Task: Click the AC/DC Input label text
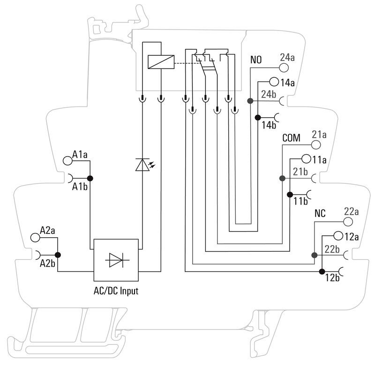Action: [115, 291]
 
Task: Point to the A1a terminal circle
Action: [67, 160]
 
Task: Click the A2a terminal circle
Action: [35, 237]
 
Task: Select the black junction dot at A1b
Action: [90, 178]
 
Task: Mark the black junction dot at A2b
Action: [58, 255]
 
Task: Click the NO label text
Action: [256, 60]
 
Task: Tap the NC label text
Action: [320, 213]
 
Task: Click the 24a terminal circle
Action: [284, 67]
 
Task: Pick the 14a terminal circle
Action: [275, 82]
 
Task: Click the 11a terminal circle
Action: [307, 159]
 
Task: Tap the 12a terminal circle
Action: [338, 236]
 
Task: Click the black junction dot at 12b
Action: [322, 271]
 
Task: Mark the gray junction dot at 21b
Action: [282, 179]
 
